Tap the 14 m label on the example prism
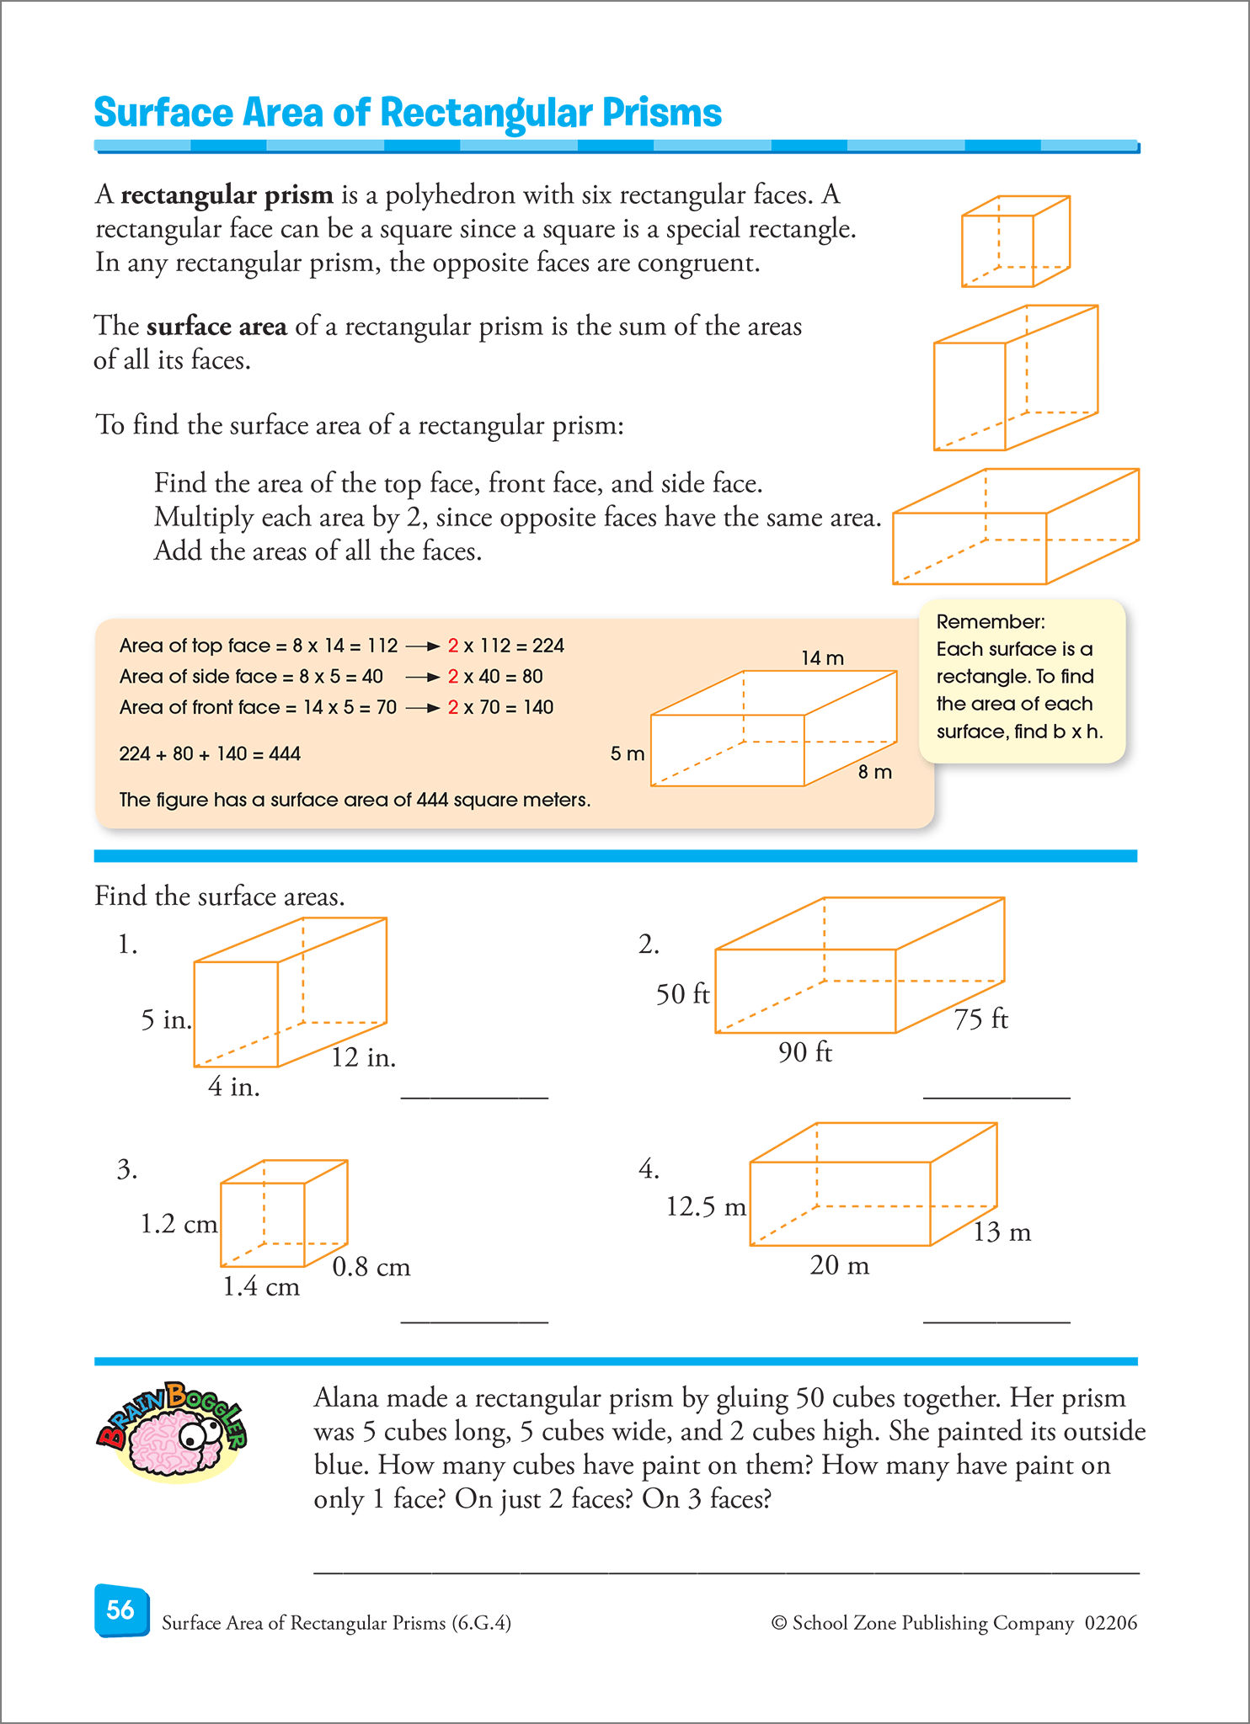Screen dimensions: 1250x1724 (822, 658)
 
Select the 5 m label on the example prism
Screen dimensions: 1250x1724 (628, 753)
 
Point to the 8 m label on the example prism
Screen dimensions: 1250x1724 (875, 772)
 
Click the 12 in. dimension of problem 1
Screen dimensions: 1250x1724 (363, 1057)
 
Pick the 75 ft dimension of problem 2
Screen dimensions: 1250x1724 (981, 1019)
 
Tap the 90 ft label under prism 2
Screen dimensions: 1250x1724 (805, 1052)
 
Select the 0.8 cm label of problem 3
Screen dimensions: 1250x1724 (371, 1267)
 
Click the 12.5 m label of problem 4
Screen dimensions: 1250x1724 (706, 1207)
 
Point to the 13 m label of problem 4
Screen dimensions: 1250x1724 (1002, 1232)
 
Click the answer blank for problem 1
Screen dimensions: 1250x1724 (474, 1098)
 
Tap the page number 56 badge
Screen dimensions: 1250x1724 (121, 1610)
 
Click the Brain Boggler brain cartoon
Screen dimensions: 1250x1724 (172, 1431)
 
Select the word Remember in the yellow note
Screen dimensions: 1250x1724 (991, 622)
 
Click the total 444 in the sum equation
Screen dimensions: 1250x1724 (285, 753)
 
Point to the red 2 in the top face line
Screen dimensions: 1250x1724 (453, 646)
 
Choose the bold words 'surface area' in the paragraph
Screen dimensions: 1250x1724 (216, 326)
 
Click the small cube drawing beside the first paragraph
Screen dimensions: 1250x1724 (1016, 242)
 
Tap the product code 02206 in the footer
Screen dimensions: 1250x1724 (1111, 1622)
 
